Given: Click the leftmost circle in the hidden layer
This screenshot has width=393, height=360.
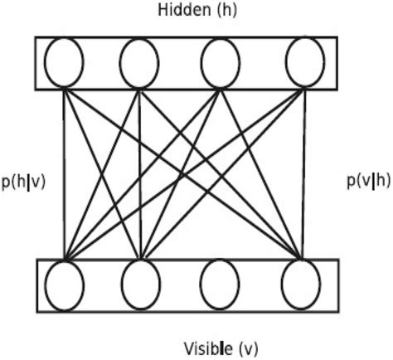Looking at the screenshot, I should pos(65,63).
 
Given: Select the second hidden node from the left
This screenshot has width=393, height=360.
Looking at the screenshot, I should pos(138,63).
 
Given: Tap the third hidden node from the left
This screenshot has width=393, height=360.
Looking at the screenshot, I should pos(220,63).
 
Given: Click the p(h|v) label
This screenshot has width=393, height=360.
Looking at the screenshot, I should pos(24,181).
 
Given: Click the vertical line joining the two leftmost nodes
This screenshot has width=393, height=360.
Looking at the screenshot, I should pos(65,174).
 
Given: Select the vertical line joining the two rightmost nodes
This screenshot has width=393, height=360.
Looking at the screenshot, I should pos(301,174).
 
